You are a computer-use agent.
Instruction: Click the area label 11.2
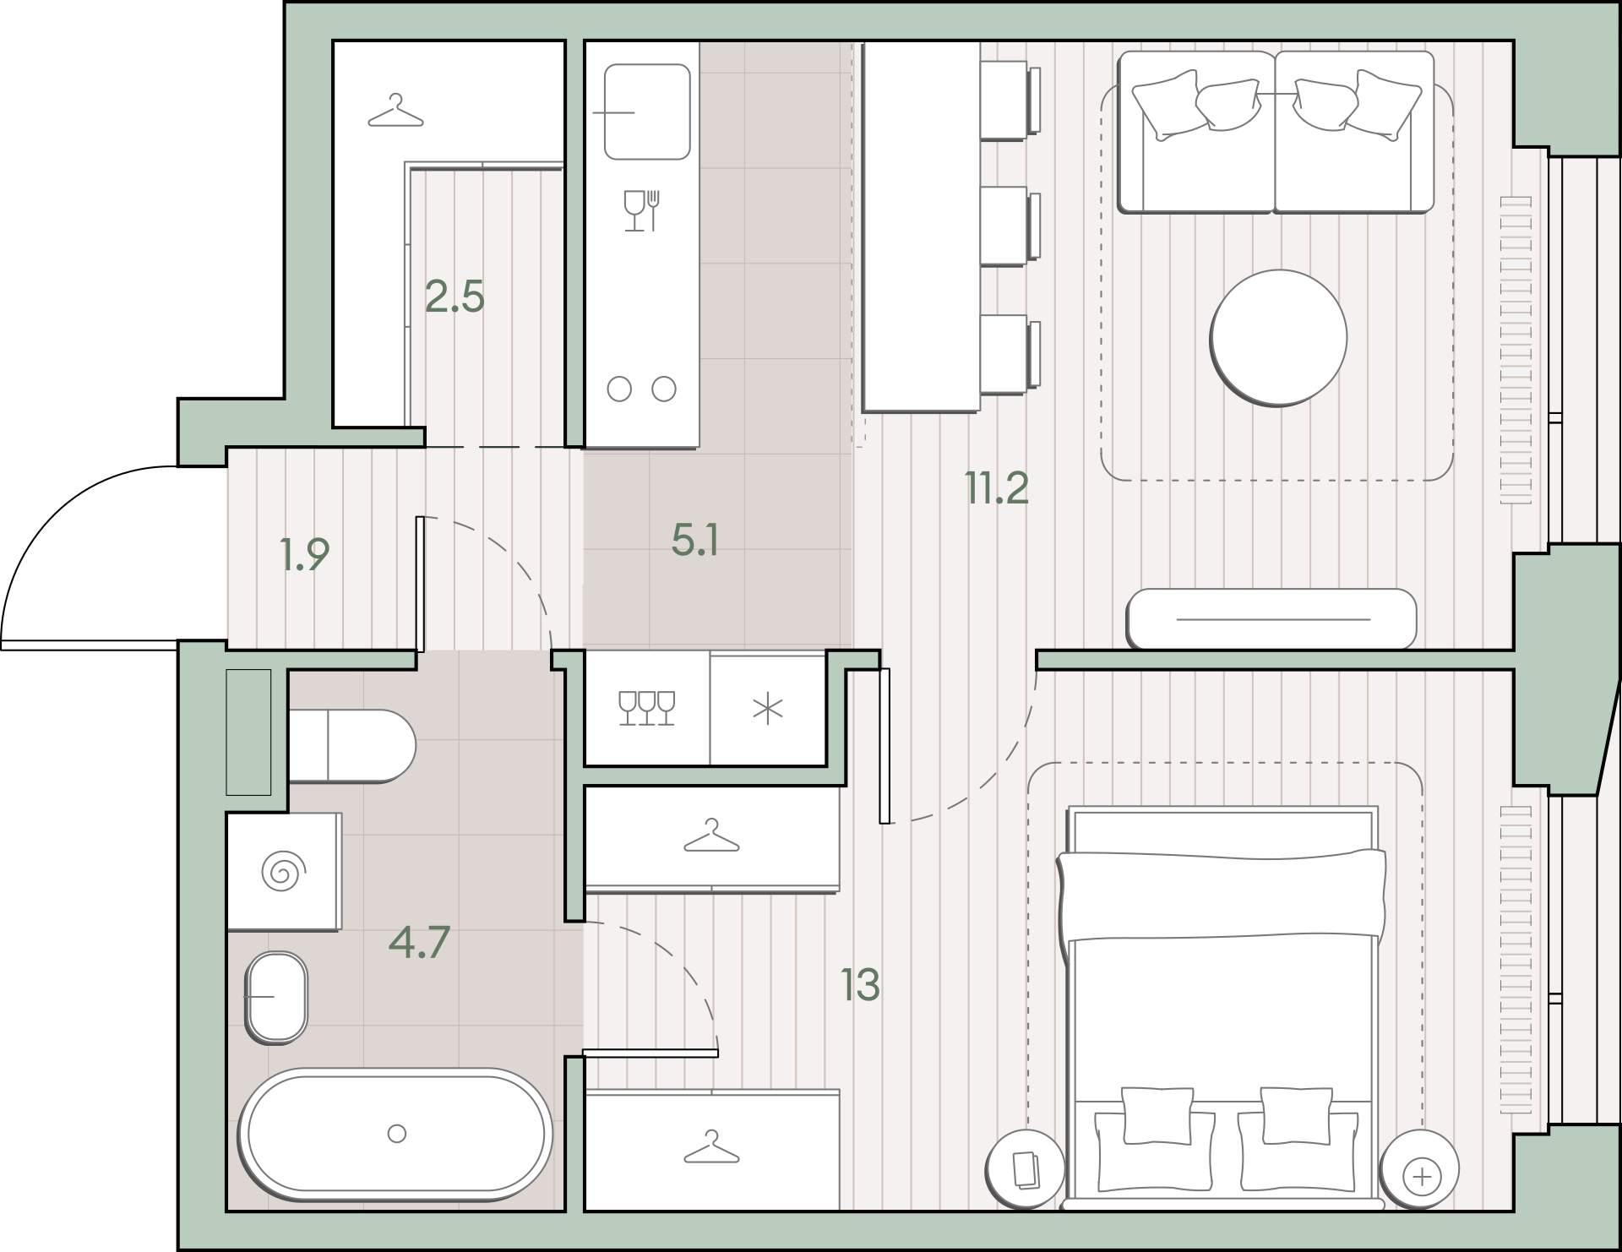pos(997,488)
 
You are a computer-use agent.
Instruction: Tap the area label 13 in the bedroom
pos(860,984)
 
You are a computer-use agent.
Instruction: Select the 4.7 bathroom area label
pos(419,942)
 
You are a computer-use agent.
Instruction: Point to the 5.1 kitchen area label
pos(695,541)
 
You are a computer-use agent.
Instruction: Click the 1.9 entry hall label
pos(304,554)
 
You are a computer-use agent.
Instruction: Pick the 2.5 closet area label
pos(454,297)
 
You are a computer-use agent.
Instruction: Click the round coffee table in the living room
pos(1278,338)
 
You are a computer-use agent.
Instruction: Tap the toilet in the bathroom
pos(351,746)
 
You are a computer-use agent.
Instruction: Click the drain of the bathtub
pos(396,1134)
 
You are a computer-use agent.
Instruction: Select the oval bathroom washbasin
pos(276,997)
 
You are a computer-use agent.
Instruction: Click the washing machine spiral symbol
pos(282,871)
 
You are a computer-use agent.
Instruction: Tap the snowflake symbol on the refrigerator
pos(768,710)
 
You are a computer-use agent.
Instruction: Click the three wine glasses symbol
pos(646,708)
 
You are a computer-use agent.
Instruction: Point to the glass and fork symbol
pos(641,210)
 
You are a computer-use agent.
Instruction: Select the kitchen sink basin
pos(647,112)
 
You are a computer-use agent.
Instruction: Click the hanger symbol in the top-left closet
pos(395,112)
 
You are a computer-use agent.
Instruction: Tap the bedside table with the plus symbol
pos(1418,1169)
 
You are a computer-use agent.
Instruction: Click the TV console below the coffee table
pos(1272,618)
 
